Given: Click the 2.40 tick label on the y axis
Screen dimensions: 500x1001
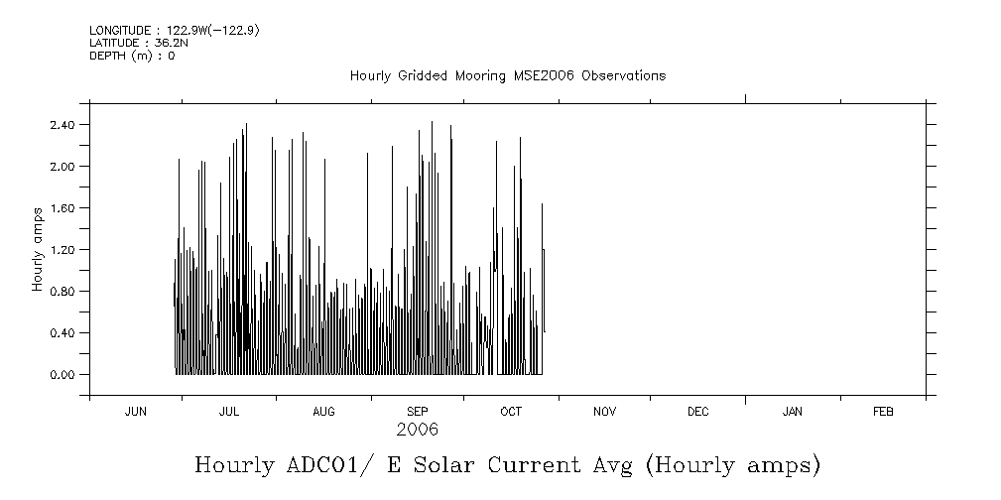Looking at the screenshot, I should point(63,125).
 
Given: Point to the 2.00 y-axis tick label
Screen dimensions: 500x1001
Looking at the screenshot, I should point(63,167).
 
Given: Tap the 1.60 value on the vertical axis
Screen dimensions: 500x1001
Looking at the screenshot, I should point(63,208).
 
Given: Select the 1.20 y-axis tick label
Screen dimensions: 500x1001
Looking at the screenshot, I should point(63,250).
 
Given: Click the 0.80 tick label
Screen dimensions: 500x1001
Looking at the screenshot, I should point(63,292).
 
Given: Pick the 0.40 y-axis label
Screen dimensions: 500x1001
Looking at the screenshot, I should point(63,333).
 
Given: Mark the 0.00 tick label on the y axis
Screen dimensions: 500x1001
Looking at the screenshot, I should point(63,375).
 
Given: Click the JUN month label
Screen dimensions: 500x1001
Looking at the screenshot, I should point(136,412).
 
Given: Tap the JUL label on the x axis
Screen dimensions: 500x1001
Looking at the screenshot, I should point(229,412).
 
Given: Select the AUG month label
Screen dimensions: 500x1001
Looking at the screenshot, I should point(323,412).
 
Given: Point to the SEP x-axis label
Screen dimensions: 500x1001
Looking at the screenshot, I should point(418,412).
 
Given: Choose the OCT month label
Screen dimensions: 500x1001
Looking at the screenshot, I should point(511,412).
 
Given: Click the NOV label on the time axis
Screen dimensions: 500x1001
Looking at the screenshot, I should point(604,412).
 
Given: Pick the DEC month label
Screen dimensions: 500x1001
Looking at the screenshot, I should point(697,412).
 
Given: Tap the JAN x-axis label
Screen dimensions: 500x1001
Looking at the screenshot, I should point(793,412).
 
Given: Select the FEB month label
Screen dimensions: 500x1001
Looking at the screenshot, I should point(883,412).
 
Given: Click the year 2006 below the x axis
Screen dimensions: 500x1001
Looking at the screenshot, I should point(417,431).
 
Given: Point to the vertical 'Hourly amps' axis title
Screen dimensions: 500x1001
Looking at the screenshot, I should point(38,249).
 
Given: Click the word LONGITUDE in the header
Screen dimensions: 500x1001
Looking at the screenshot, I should point(116,31).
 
